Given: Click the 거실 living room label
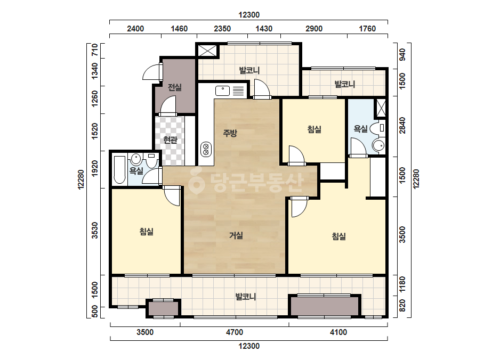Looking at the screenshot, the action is (236, 235).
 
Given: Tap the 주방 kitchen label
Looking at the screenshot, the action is (230, 133).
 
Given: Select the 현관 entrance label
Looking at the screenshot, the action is (170, 140).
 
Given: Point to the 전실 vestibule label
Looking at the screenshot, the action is (174, 87).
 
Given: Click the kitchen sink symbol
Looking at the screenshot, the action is (222, 91).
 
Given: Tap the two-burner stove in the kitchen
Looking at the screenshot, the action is (206, 150).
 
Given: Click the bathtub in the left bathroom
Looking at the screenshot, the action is (119, 169).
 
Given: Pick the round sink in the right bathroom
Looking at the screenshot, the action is (378, 145).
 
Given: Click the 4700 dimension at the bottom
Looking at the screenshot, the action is (235, 332).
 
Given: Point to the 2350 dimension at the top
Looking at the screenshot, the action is (222, 29).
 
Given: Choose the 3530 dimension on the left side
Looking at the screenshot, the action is (94, 231).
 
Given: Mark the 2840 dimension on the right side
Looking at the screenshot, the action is (402, 126).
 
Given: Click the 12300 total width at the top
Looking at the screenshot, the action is (249, 15).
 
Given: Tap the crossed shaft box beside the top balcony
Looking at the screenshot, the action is (207, 51).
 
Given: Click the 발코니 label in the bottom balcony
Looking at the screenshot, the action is (246, 296).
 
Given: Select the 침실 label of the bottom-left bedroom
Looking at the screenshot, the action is (146, 232).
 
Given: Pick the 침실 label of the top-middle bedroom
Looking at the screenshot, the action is (314, 129).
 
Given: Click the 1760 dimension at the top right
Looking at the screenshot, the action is (367, 29).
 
